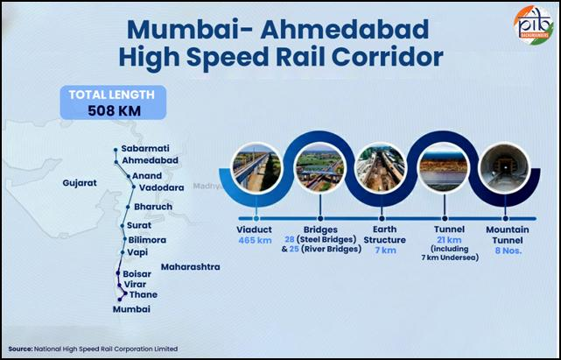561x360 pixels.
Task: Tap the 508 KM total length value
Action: tap(113, 110)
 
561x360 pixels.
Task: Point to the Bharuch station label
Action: tap(153, 207)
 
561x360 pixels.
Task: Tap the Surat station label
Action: tap(140, 226)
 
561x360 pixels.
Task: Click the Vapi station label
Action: tap(137, 252)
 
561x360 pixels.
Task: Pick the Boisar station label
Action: tap(137, 274)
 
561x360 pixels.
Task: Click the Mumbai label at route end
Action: tap(132, 309)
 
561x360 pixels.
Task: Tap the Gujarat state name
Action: tap(80, 184)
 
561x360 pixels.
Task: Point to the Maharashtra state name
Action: tap(190, 266)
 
